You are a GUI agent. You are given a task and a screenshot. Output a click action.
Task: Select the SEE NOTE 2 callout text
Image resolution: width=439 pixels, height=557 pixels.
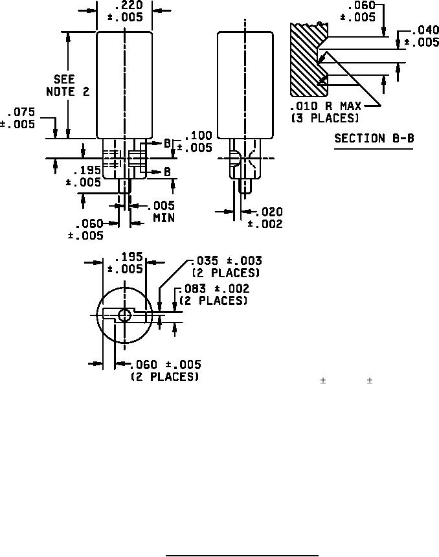[67, 85]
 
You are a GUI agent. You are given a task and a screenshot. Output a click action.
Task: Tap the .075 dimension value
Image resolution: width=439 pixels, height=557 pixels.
[21, 112]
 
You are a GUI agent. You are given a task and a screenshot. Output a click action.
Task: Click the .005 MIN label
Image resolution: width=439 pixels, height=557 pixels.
[162, 211]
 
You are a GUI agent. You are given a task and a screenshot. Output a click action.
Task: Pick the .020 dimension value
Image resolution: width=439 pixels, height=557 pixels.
[269, 212]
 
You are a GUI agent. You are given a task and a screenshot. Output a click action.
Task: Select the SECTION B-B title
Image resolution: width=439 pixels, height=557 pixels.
[374, 138]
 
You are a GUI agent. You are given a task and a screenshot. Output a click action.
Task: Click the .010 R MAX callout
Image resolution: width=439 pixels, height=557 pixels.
[326, 106]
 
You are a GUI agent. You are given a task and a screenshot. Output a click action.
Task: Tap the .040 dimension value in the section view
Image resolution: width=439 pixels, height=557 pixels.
[425, 30]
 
